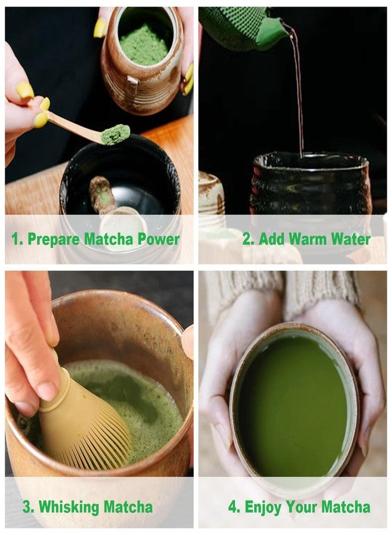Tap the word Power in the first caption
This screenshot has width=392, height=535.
159,239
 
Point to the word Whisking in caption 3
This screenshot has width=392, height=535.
69,507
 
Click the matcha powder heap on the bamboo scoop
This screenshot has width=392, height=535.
115,134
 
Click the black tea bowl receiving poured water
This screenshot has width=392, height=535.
309,184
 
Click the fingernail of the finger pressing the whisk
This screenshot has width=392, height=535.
47,392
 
